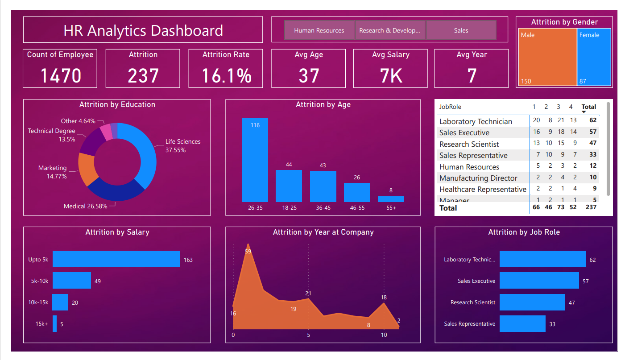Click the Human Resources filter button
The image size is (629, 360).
click(x=319, y=30)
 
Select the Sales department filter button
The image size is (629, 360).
click(x=461, y=30)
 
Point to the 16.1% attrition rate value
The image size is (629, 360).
click(x=226, y=75)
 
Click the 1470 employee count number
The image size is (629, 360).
click(x=61, y=75)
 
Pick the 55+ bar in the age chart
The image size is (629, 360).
click(x=391, y=199)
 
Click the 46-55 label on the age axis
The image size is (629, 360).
click(x=357, y=208)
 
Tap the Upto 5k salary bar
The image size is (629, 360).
click(x=116, y=259)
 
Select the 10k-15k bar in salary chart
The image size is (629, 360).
click(x=60, y=302)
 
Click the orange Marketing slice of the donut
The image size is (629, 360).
click(x=87, y=169)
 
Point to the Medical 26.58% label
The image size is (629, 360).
click(x=85, y=206)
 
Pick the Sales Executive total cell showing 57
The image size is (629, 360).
click(x=592, y=132)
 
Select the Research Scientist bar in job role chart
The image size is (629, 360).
click(x=532, y=302)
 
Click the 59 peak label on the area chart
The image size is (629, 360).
click(x=248, y=252)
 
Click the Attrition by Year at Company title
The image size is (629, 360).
click(x=323, y=232)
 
